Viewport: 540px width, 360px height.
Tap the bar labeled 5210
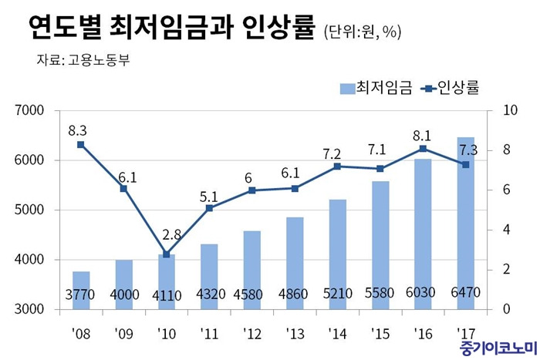pos(337,254)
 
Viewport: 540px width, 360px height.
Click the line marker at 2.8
pos(166,254)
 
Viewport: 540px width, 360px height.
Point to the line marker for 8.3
pos(81,144)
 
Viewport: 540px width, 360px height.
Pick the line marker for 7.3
pos(467,164)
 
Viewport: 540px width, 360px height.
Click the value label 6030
pos(424,294)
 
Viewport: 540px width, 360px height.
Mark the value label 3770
pos(81,294)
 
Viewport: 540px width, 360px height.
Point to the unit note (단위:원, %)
pos(362,32)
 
